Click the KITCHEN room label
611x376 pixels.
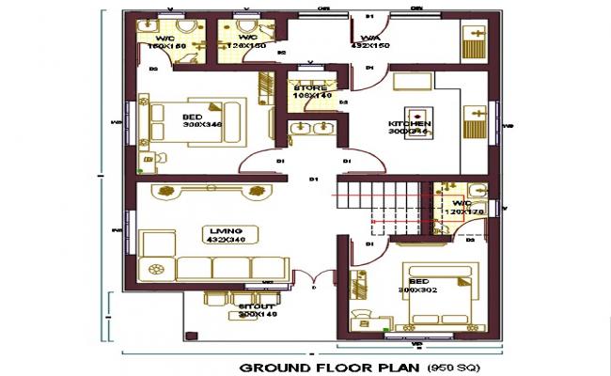tap(410, 123)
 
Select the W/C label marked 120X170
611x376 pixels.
tap(463, 202)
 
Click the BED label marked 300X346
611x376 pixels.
tap(191, 116)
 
